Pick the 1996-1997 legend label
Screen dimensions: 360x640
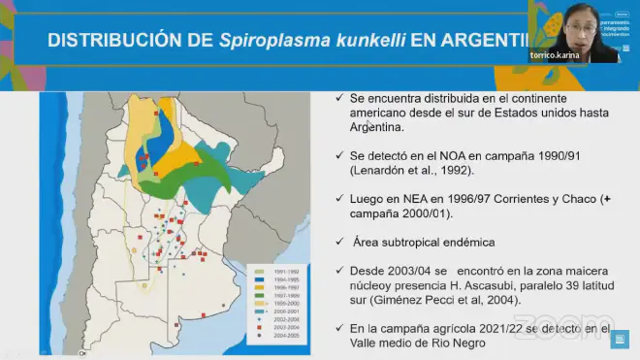285,285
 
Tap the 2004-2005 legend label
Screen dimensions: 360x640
285,335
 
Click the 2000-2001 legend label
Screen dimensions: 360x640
285,310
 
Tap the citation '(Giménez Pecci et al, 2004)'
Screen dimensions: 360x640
435,300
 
